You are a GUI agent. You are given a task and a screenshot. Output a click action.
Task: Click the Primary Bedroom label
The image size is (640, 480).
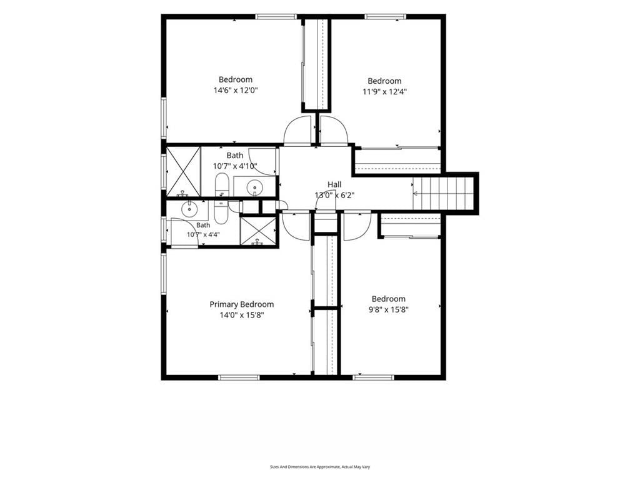point(242,304)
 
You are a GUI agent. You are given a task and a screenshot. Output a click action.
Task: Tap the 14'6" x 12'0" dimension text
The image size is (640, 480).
point(236,90)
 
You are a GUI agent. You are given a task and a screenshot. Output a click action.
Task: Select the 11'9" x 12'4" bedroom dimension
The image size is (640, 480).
point(384,91)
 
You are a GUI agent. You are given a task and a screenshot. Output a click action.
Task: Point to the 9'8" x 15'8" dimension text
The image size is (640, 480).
point(388,309)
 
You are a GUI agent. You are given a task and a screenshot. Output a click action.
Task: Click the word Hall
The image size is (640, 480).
point(334,184)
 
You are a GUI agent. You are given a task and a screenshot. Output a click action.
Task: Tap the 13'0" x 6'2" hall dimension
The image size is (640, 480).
point(334,195)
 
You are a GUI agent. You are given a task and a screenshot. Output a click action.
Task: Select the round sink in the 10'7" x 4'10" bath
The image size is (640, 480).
point(255,187)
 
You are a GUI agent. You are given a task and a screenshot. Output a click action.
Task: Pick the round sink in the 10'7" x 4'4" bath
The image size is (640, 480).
point(189,210)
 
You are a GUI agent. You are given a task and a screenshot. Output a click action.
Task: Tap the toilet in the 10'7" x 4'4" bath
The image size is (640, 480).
point(221,212)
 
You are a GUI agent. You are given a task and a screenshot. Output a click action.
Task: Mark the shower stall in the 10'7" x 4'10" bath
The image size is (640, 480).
point(184,171)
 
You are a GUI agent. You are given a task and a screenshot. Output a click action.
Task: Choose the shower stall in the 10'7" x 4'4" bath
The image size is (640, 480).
point(258,231)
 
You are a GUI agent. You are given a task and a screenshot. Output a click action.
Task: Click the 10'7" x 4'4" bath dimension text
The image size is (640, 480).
point(203,235)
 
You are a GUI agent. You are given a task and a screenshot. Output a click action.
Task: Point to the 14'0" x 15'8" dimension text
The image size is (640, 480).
point(242,315)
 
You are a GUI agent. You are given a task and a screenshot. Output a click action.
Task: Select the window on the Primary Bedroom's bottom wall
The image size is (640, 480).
point(239,377)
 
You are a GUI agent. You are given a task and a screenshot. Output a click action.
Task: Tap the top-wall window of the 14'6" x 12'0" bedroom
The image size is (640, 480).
point(276,17)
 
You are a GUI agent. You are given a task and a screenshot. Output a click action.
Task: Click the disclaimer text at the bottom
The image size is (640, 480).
point(320,466)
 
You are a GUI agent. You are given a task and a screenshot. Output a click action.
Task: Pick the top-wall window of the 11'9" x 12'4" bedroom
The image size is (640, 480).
point(385,17)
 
